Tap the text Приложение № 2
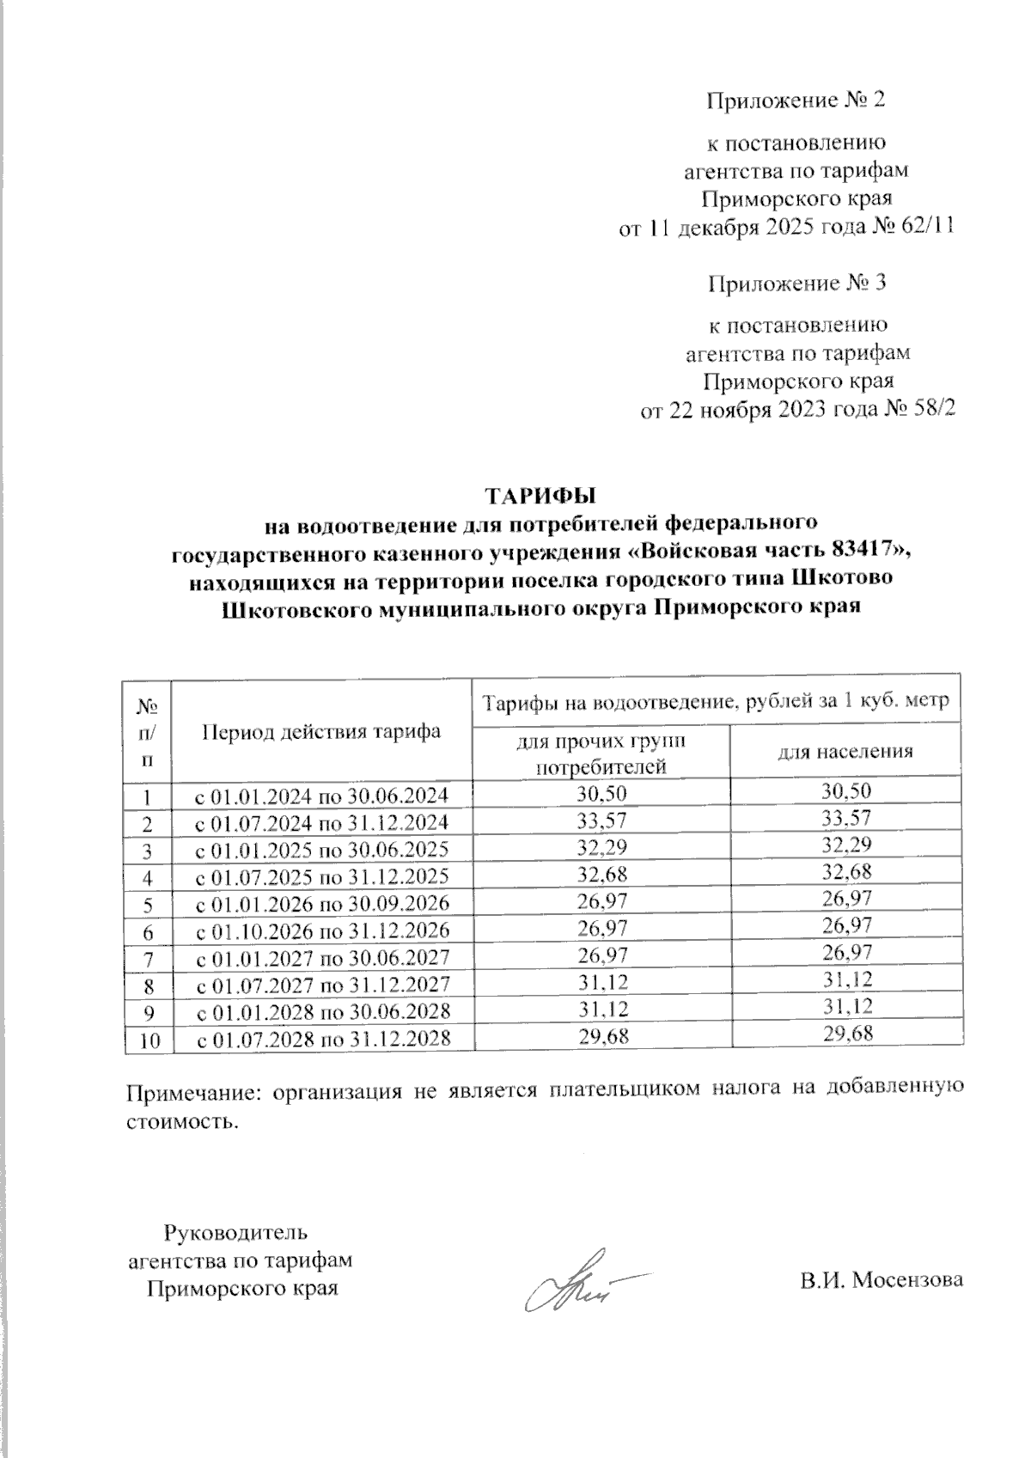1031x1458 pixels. [796, 101]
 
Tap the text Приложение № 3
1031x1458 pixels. [796, 283]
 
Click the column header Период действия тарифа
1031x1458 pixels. [322, 731]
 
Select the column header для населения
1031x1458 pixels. [845, 752]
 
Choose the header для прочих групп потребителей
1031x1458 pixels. [601, 752]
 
